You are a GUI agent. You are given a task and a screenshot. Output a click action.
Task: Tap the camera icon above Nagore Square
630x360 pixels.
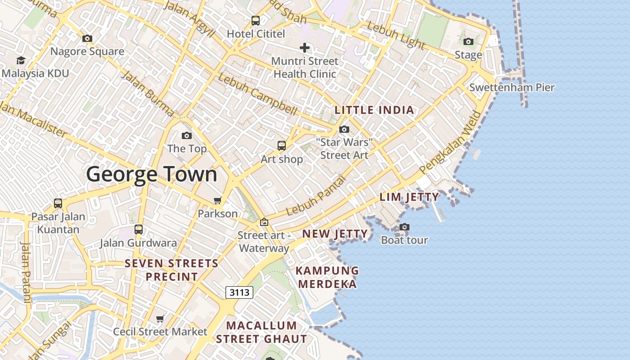click(87, 39)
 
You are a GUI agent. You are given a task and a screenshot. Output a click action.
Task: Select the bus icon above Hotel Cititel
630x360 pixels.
click(255, 20)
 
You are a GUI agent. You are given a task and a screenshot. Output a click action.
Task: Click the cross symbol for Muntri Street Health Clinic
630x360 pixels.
click(305, 48)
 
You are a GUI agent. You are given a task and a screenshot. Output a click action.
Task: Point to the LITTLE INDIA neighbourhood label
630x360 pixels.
click(374, 110)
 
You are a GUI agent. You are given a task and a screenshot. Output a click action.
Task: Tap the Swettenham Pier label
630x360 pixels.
click(512, 88)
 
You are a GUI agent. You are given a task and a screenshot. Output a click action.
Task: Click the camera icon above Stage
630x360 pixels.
click(468, 42)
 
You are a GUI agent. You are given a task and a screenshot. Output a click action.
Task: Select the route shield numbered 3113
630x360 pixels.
click(239, 292)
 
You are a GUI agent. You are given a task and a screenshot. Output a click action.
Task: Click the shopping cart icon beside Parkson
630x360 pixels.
click(218, 200)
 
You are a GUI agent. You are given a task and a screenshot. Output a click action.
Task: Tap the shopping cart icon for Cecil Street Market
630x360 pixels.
click(160, 319)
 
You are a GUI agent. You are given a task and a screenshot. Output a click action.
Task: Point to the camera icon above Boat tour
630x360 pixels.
click(405, 227)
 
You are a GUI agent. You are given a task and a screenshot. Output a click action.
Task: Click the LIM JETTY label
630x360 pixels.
click(409, 197)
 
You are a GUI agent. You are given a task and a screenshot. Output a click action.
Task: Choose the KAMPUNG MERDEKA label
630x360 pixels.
click(327, 277)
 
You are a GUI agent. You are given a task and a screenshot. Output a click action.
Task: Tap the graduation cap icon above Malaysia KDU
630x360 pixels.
click(21, 61)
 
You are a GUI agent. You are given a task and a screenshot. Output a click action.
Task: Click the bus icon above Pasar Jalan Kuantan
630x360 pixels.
click(58, 203)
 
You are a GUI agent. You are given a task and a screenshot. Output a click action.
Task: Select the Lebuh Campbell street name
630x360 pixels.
click(257, 94)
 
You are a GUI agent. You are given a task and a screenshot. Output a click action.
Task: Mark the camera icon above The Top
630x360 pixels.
click(186, 135)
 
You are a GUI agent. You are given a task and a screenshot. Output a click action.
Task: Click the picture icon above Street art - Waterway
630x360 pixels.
click(264, 222)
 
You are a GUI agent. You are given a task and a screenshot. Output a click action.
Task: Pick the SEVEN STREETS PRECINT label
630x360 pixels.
click(171, 270)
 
